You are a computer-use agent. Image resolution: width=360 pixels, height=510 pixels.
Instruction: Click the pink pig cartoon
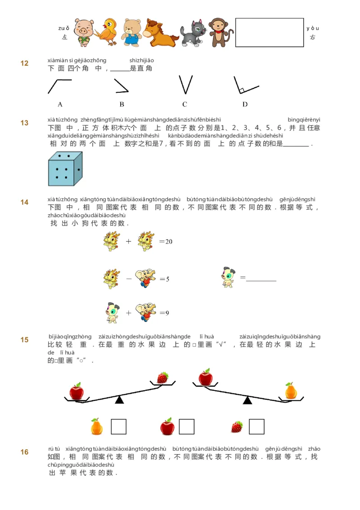coord(84,32)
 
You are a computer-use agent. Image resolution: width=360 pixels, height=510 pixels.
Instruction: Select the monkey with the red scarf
coord(220,32)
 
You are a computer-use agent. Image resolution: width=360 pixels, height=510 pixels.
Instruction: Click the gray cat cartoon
coord(193,33)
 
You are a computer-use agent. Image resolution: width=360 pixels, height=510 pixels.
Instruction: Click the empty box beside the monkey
coord(269,32)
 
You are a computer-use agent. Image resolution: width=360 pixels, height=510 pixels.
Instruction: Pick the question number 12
coord(24,63)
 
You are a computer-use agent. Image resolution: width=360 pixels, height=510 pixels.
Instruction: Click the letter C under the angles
coord(184,104)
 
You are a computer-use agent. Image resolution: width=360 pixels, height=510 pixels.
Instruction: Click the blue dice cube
coord(65,169)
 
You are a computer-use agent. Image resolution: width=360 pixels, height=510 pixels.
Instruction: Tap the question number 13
coord(24,123)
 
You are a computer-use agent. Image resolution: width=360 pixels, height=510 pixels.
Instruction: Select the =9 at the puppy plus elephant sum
coord(164,313)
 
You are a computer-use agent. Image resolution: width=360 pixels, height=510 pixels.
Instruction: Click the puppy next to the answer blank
coord(228,277)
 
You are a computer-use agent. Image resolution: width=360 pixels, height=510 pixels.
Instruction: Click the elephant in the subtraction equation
coord(146,279)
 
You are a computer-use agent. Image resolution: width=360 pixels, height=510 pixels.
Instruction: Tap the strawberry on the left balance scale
coord(162,378)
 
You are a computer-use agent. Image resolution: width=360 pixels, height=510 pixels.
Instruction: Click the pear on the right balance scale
coord(291,391)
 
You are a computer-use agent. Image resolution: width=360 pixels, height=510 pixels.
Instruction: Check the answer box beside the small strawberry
coord(256,427)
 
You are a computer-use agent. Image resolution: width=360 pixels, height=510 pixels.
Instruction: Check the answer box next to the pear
coord(119,427)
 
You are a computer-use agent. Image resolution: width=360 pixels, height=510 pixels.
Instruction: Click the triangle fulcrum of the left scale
coord(119,400)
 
